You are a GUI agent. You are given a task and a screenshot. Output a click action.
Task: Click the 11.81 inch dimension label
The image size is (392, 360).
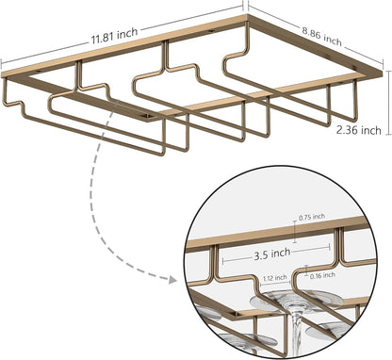115,36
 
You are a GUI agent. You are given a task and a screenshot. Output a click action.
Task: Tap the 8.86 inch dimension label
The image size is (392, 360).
322,37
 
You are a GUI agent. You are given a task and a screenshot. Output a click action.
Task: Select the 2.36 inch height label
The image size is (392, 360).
359,130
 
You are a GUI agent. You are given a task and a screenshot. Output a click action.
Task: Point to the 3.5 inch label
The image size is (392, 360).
272,254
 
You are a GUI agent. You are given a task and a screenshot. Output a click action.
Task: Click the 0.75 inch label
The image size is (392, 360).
312,217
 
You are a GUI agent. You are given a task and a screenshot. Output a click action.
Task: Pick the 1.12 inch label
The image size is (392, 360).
275,278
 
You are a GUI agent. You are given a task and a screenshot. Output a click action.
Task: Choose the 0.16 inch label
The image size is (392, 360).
322,275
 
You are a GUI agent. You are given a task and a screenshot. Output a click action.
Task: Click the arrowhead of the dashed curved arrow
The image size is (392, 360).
171,279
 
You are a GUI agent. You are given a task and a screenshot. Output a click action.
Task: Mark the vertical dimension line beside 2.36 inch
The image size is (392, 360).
389,103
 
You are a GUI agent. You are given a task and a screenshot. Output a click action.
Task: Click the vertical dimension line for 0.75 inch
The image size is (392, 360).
295,232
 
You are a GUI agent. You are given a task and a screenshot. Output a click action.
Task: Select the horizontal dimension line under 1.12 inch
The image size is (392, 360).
275,284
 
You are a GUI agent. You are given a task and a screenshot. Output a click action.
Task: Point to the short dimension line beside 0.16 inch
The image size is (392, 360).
307,270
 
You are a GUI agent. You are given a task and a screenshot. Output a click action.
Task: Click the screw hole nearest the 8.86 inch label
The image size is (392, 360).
355,67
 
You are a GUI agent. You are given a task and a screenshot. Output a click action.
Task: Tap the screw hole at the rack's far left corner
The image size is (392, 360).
39,72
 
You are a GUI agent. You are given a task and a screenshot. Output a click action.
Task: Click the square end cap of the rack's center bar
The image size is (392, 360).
147,118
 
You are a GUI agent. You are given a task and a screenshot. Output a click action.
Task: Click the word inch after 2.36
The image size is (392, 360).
370,130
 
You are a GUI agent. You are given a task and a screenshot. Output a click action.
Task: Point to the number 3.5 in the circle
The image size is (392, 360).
260,255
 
